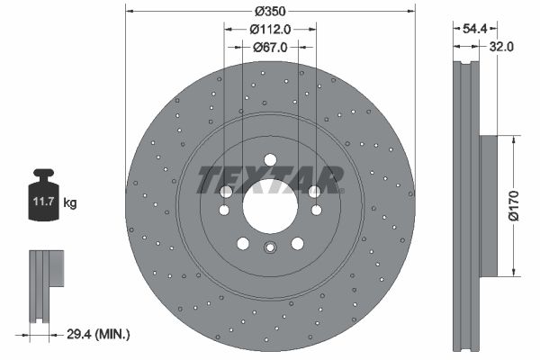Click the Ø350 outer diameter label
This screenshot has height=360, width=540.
click(x=270, y=12)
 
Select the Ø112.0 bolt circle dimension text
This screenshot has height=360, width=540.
click(x=270, y=29)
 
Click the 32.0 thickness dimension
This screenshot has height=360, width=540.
click(x=501, y=48)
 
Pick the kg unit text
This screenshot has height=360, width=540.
click(x=70, y=203)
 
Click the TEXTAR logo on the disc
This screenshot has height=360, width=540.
click(x=270, y=180)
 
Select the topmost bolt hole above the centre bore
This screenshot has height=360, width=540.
click(x=270, y=160)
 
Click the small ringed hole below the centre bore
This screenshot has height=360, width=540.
click(x=270, y=250)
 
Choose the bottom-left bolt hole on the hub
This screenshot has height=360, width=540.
click(x=243, y=242)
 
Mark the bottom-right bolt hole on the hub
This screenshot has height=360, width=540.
click(x=297, y=242)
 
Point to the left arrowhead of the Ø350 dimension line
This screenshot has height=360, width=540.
click(x=130, y=12)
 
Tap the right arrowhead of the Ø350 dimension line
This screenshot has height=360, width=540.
click(x=410, y=12)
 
